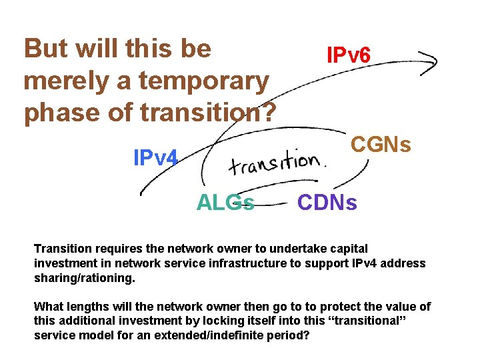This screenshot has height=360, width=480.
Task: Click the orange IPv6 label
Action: [348, 55]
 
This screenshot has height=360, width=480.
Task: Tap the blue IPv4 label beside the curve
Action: [155, 158]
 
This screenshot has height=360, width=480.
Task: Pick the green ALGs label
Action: [225, 202]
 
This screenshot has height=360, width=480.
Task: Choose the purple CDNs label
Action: [327, 202]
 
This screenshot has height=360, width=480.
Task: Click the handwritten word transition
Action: [275, 162]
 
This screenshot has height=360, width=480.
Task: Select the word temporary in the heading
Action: [203, 81]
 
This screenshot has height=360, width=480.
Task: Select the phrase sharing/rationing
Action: [84, 277]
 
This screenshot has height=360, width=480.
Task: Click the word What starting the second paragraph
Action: [48, 306]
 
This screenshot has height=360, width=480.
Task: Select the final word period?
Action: [290, 335]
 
